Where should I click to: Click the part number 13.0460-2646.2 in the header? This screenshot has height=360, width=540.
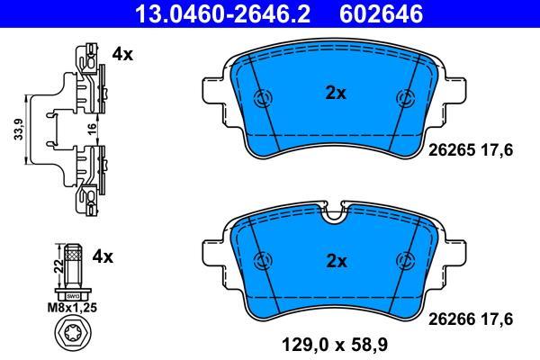tap(223, 13)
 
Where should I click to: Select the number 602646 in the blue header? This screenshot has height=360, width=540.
tap(381, 13)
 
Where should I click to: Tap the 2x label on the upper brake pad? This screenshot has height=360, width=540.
tap(336, 93)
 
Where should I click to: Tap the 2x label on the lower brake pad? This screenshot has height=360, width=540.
tap(337, 262)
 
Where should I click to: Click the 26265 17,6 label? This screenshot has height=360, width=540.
tap(471, 150)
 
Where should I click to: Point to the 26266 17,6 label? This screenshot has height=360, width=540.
tap(471, 319)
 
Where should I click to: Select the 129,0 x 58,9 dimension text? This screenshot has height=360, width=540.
tap(335, 345)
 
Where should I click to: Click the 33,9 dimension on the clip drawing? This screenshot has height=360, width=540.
tap(19, 130)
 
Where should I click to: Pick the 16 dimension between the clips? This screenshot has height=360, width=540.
tap(93, 130)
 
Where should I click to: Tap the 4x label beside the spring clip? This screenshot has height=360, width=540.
tap(122, 54)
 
